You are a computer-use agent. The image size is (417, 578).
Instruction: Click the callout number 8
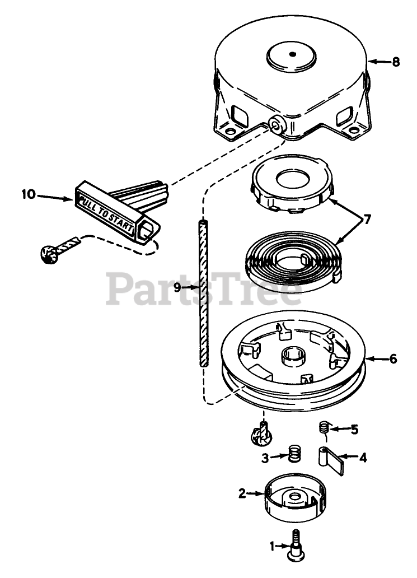[396, 62]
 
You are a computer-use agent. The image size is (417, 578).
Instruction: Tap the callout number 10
[28, 194]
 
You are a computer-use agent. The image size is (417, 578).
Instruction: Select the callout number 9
[177, 287]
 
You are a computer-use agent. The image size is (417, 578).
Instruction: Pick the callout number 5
[354, 430]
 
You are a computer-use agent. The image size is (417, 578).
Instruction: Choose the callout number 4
[362, 458]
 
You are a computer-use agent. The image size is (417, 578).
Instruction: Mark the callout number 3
[266, 458]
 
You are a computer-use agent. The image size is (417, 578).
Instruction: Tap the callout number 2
[242, 493]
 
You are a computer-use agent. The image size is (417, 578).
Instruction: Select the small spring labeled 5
[323, 428]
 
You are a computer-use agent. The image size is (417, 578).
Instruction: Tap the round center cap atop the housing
[292, 55]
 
